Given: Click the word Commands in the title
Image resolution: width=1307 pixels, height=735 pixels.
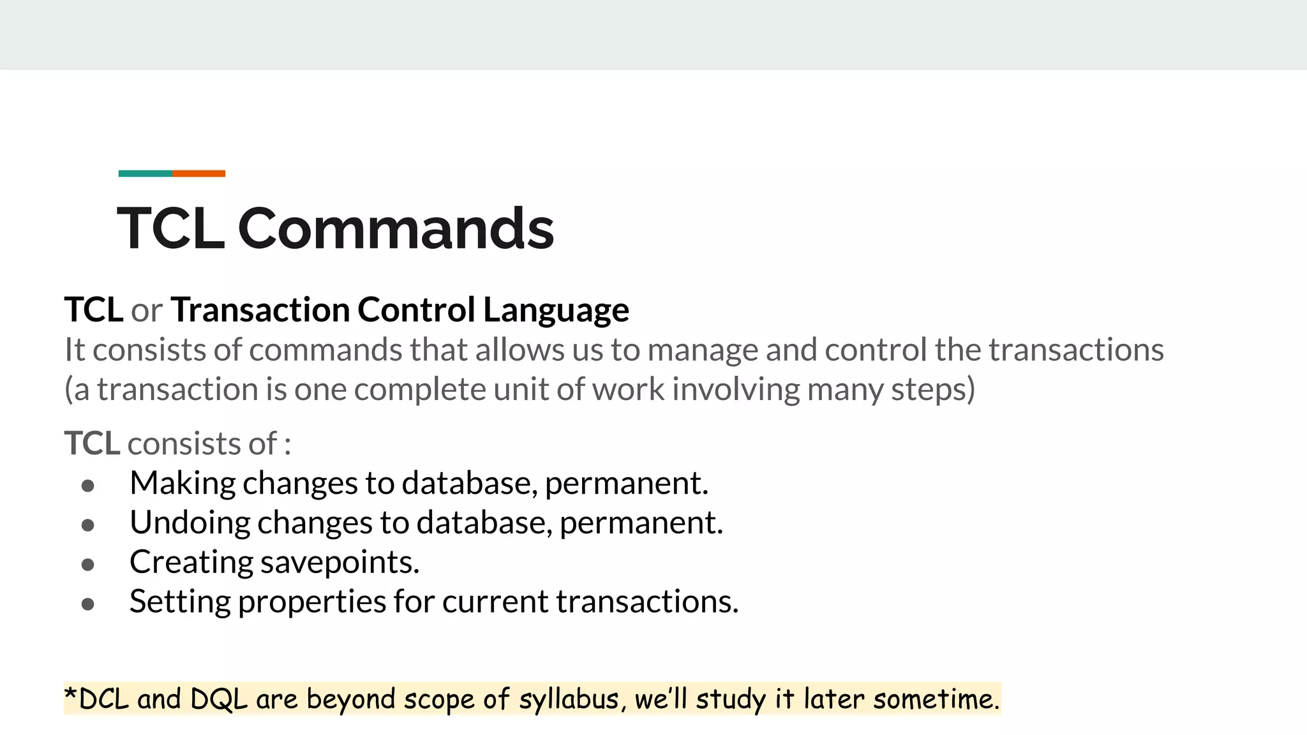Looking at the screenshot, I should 396,228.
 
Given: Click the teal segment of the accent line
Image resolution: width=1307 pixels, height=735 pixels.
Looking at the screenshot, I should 145,174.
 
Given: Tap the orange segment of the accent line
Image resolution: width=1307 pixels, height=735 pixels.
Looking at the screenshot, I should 198,174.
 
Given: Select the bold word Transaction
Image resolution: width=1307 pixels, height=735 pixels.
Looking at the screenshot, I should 260,310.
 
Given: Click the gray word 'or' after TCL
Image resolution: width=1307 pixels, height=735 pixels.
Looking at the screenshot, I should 146,311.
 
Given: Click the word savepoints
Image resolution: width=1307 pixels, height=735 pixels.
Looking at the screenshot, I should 340,563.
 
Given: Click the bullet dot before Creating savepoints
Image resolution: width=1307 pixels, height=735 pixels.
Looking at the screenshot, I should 88,565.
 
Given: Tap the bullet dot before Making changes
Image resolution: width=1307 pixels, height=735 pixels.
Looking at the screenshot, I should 88,486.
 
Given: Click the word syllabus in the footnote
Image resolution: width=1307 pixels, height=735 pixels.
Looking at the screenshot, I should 569,700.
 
